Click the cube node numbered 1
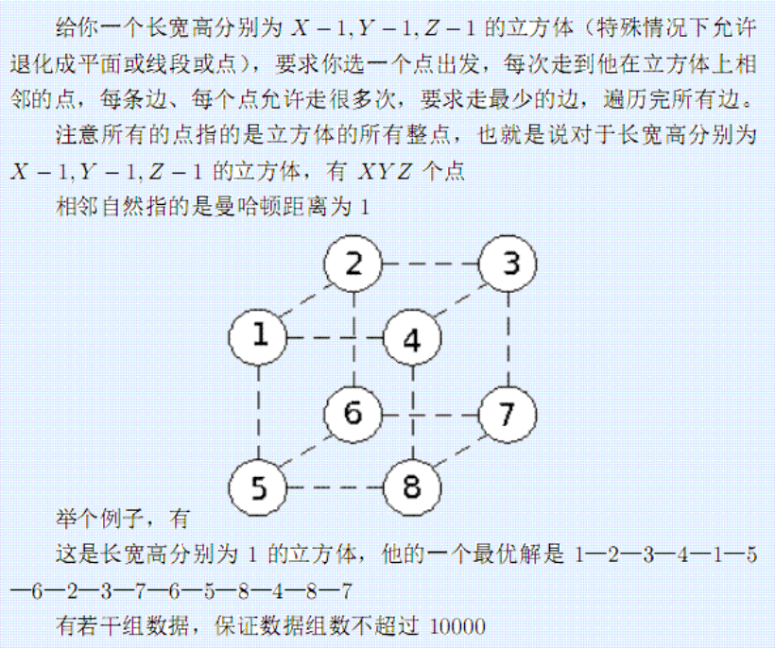(x=258, y=338)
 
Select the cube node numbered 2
(x=353, y=264)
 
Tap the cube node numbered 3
(x=508, y=264)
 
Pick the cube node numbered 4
(x=412, y=338)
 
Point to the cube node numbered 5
(x=258, y=487)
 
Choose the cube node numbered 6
(x=353, y=414)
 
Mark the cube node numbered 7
(x=508, y=415)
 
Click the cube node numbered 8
(x=412, y=487)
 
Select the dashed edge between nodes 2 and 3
(x=430, y=264)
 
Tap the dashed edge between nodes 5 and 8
(x=336, y=487)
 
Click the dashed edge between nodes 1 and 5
(x=258, y=413)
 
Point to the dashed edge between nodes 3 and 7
(x=508, y=339)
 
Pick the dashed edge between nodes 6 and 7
(x=430, y=415)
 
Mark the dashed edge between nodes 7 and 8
(x=460, y=452)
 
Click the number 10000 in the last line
(x=457, y=627)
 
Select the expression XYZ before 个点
(x=385, y=172)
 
